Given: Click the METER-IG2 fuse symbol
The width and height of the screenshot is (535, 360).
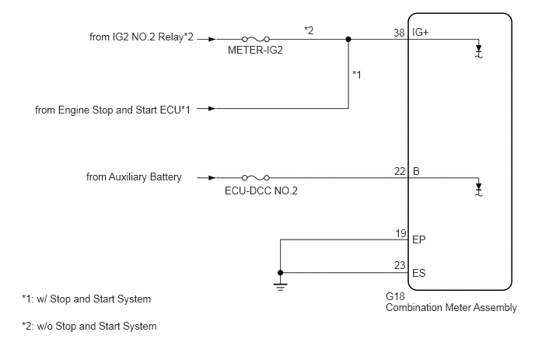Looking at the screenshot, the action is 256,39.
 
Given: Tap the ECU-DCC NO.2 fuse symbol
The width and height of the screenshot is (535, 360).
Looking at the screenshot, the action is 256,178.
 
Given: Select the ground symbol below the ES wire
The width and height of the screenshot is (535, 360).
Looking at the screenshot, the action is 280,287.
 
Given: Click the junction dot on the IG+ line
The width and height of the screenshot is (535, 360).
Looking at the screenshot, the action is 348,39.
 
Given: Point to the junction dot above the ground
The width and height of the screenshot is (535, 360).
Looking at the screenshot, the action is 280,273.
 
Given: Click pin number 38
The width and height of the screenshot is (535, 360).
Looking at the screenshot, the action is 399,33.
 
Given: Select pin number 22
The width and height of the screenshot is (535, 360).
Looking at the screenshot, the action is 400,171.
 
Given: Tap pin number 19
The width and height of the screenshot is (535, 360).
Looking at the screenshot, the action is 400,233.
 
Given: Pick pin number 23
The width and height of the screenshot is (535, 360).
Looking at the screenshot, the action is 400,265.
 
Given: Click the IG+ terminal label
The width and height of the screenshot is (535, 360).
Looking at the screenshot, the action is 420,32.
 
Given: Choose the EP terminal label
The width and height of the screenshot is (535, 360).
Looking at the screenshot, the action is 419,239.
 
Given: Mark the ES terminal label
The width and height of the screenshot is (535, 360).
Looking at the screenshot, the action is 419,273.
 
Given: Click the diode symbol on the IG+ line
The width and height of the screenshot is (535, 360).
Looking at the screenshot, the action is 479,51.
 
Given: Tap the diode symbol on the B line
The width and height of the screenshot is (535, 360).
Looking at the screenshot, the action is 479,190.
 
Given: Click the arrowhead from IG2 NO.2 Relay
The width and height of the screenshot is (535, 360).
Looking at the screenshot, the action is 212,39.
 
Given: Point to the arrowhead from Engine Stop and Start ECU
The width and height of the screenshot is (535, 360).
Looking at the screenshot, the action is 212,109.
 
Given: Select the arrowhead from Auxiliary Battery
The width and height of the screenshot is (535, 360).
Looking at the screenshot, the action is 212,178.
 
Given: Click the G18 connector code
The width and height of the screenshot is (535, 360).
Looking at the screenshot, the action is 395,296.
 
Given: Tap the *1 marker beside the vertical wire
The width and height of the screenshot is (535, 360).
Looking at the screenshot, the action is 357,74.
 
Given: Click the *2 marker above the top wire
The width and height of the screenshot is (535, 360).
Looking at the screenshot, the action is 309,30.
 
